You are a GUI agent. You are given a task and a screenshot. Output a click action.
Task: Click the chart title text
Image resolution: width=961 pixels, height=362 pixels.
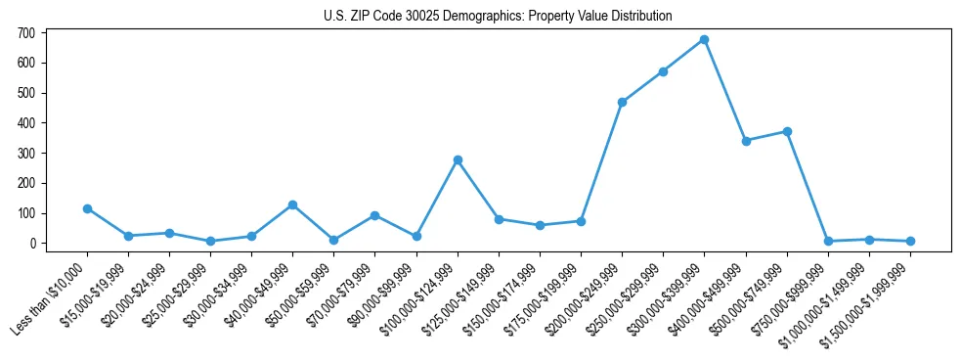(x=498, y=17)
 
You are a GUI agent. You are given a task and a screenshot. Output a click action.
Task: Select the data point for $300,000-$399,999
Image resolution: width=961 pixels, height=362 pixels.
(x=704, y=40)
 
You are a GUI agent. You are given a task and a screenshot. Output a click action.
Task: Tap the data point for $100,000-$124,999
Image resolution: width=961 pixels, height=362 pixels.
(x=458, y=159)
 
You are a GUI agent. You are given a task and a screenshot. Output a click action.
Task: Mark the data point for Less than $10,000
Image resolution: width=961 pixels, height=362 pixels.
(x=87, y=208)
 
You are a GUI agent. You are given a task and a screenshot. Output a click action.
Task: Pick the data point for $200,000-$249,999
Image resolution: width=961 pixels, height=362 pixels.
(x=622, y=102)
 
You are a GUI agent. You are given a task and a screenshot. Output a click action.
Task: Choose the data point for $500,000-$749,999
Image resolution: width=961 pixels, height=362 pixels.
(x=787, y=131)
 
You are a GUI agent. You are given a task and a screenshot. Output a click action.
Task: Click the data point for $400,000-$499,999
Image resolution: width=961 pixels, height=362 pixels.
(x=746, y=141)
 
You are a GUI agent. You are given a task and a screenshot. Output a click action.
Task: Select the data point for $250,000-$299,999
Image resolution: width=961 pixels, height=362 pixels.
(x=663, y=71)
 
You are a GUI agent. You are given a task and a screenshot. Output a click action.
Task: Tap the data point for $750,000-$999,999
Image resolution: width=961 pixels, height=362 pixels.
(x=828, y=241)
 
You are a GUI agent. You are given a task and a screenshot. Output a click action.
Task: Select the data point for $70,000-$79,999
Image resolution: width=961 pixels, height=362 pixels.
(x=374, y=215)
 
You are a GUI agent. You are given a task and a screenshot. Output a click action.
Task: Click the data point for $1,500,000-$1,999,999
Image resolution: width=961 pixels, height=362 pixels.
(x=910, y=241)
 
